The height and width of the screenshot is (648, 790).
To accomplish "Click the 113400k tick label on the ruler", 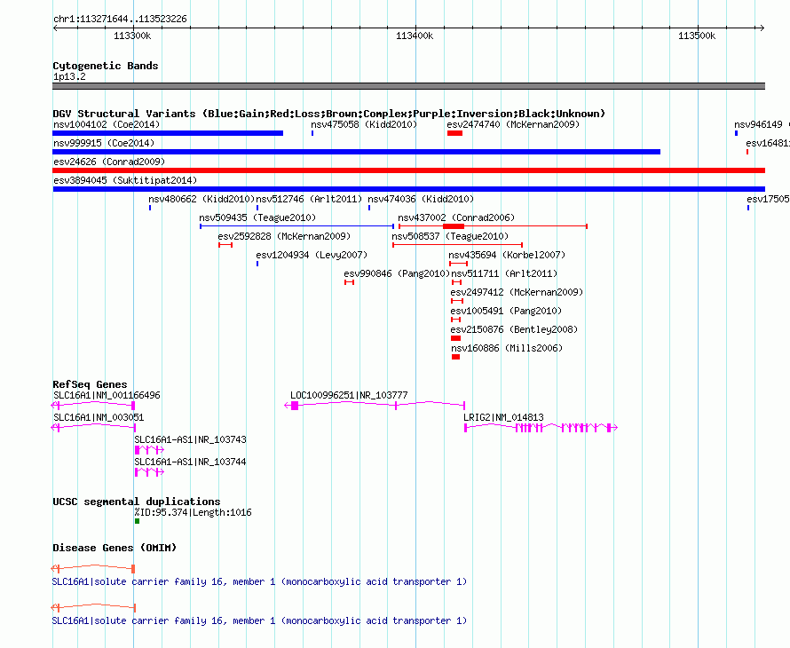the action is point(415,36).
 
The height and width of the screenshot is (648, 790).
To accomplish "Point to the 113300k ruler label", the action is point(132,36).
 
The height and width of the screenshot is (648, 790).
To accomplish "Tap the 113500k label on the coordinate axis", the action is point(696,36).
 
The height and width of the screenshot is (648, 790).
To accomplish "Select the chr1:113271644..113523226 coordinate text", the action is point(120,20).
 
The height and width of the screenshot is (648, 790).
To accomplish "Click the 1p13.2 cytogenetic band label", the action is point(69,76).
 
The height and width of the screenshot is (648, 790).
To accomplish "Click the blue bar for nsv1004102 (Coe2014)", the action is point(168,133).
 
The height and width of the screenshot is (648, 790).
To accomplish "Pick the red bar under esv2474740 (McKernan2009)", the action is point(454,133).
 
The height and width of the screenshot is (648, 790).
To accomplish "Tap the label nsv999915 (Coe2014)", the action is point(104,143).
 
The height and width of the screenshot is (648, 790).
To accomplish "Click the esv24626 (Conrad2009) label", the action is point(109,162).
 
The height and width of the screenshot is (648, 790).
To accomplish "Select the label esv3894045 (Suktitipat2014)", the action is point(125,180).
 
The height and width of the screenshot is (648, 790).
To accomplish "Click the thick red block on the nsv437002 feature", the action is point(454,226).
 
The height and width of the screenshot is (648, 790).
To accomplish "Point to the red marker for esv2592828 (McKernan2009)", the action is point(225,245).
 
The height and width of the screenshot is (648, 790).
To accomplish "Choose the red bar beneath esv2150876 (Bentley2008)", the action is point(456,338).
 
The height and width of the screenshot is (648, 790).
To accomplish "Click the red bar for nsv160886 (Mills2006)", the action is point(456,357).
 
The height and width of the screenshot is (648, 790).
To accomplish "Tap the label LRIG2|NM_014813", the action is point(503,417).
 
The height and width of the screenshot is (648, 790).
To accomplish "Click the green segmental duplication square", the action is point(137,521).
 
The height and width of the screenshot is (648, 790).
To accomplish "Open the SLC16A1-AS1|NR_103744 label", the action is point(190,462).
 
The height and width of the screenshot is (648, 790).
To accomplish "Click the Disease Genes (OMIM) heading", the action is point(115,548).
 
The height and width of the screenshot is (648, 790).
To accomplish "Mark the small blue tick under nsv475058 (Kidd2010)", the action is point(312,133).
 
